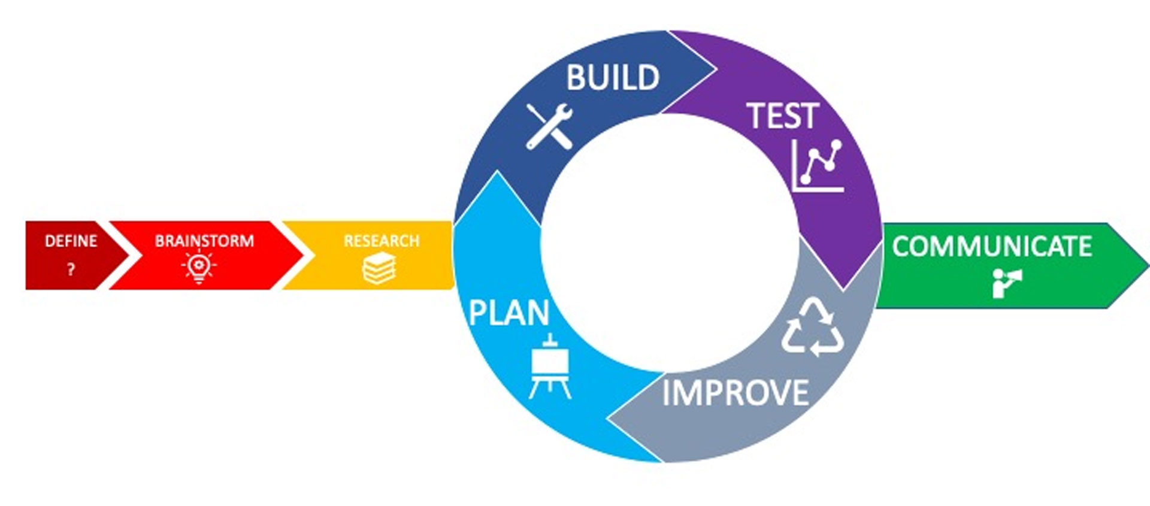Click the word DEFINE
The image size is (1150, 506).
[x=71, y=241]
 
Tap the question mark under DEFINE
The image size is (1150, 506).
[x=71, y=269]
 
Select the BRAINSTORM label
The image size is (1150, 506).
[x=204, y=241]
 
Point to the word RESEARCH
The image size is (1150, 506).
[x=382, y=241]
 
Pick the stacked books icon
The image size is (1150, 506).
[x=379, y=268]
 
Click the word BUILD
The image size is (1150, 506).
[x=613, y=78]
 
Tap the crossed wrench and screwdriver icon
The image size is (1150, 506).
[x=549, y=126]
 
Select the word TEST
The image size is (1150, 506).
[x=782, y=116]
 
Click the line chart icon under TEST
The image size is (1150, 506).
[x=817, y=166]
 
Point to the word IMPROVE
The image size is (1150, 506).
[x=736, y=393]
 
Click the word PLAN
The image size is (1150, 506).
[x=509, y=313]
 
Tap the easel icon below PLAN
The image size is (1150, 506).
[x=550, y=366]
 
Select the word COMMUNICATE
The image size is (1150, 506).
[x=992, y=246]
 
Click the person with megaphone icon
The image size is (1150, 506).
[x=1007, y=283]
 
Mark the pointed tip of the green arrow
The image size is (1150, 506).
[x=1148, y=265]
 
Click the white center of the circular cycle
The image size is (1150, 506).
[x=670, y=243]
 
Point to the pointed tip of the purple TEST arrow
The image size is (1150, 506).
[x=844, y=289]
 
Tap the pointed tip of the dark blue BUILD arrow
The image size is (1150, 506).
[x=716, y=69]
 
